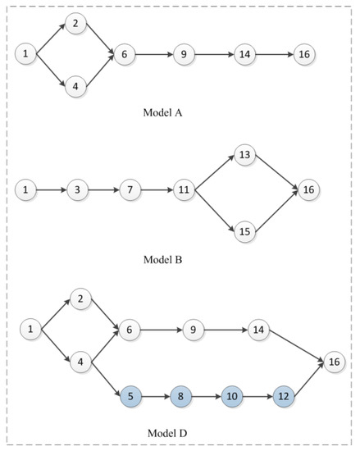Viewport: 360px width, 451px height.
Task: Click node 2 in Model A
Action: tap(75, 24)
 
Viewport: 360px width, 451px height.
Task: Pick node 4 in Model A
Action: tap(75, 85)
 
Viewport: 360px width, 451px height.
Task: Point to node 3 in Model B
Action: tap(76, 190)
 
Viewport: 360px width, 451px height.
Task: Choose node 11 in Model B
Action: tap(183, 190)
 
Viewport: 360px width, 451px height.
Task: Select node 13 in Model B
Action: tap(244, 153)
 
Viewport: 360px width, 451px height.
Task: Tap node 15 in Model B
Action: tap(244, 232)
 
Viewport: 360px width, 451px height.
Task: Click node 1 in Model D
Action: tap(31, 330)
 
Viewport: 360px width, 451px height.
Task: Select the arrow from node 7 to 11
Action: tap(156, 190)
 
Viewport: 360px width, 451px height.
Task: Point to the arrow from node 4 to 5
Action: tap(105, 380)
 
